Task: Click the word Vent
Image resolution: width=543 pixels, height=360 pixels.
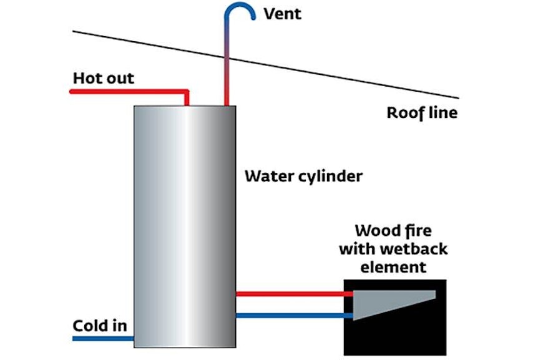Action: tap(283, 14)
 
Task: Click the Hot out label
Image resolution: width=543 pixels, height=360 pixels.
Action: tap(103, 79)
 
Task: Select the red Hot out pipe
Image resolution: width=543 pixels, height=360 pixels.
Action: tap(125, 92)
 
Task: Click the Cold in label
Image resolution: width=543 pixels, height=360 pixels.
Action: tap(100, 326)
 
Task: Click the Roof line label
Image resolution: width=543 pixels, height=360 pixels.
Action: tap(422, 113)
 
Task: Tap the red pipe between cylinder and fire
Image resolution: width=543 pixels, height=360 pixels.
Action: tap(290, 293)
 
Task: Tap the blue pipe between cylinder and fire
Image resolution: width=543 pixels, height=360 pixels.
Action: tap(290, 316)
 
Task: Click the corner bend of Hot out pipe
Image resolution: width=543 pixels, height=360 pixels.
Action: tap(187, 92)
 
